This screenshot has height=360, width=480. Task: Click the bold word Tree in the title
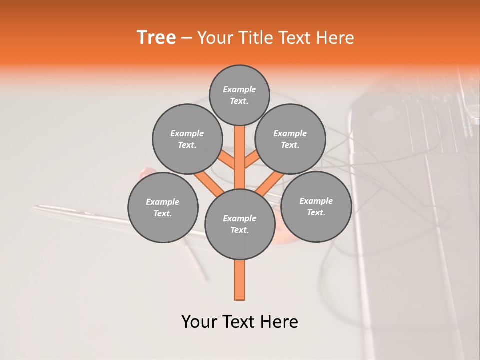tap(156, 37)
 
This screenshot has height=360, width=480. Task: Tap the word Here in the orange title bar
tap(335, 38)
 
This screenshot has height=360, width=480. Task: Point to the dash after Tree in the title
tap(186, 38)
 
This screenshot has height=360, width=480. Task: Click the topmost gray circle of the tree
tap(239, 95)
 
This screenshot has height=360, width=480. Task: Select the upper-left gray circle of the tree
tap(187, 139)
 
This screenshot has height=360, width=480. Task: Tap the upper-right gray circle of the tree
tap(290, 139)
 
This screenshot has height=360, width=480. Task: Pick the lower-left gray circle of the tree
tap(163, 207)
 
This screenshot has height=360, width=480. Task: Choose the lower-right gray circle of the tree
tap(316, 206)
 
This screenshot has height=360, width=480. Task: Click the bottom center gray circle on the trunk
tap(240, 224)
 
